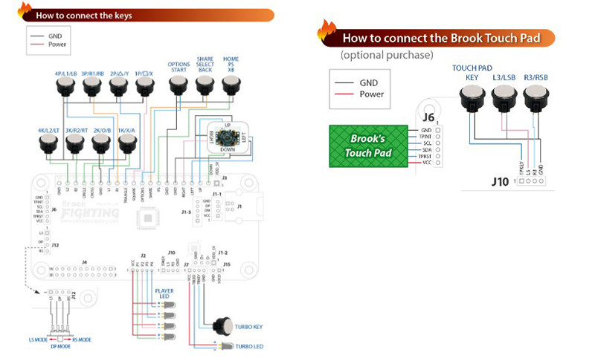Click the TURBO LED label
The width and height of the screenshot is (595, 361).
point(249,346)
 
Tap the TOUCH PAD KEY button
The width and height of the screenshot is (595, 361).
point(471,97)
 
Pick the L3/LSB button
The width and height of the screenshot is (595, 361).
point(503,97)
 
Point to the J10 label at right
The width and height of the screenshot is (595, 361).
point(499,180)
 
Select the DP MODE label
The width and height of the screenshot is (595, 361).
point(60,346)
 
